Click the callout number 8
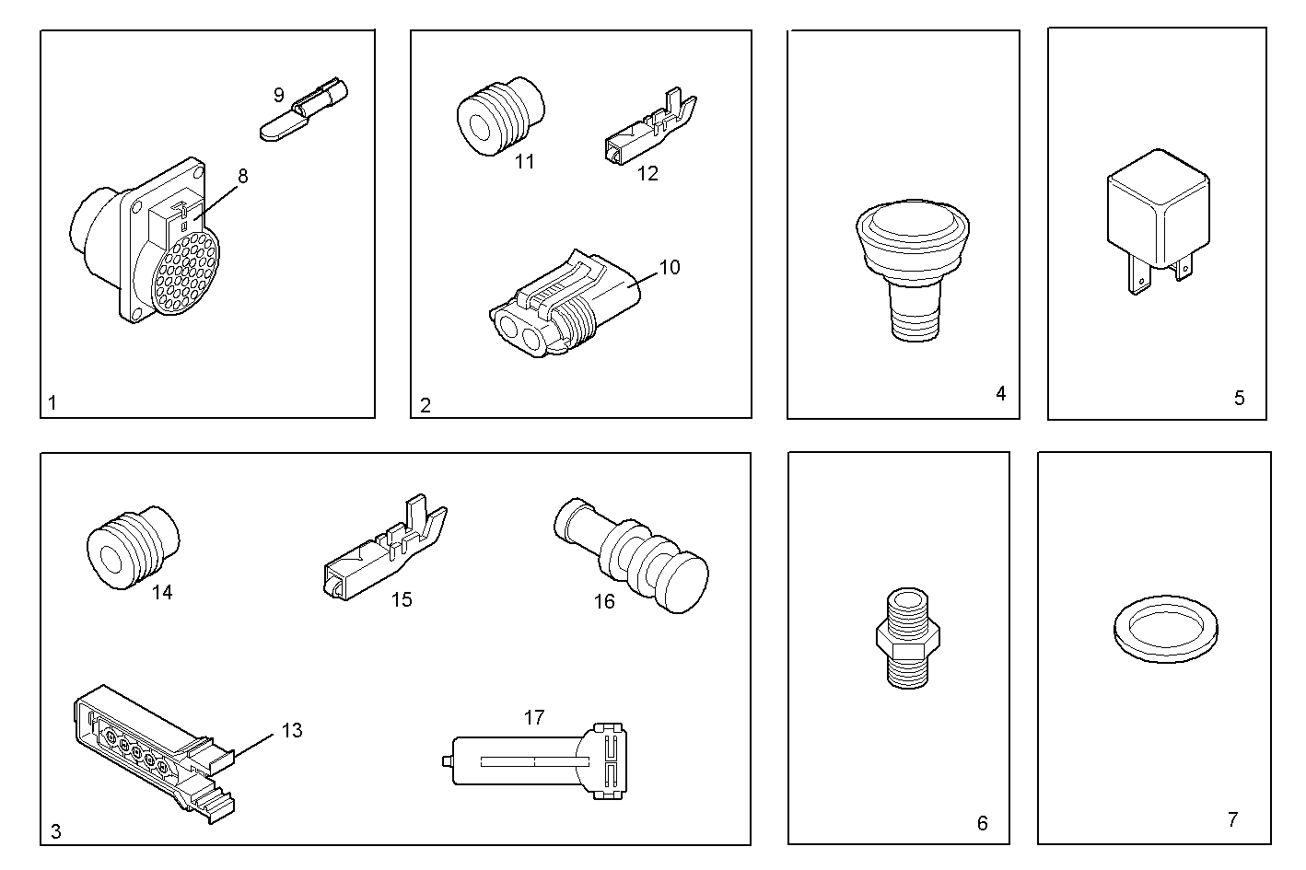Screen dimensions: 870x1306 243,176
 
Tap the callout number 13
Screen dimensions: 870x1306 291,731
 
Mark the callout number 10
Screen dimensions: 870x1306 670,267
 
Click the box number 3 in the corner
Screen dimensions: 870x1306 55,831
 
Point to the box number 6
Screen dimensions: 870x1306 982,823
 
